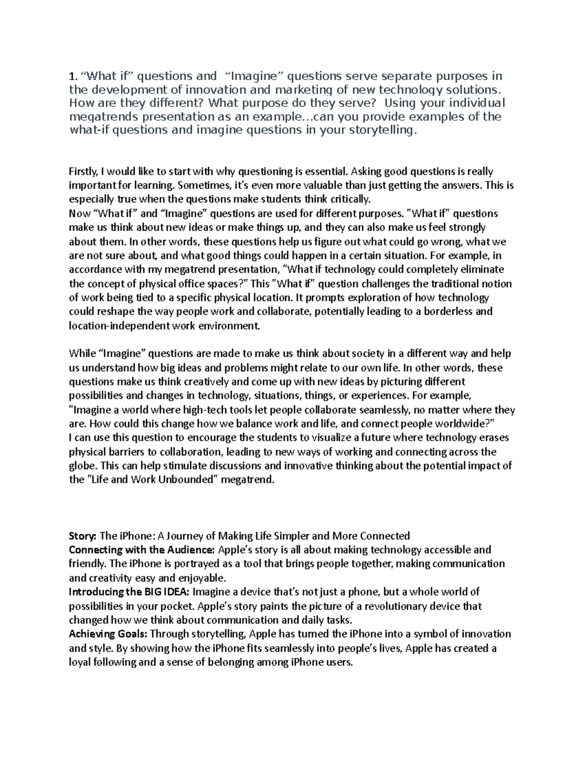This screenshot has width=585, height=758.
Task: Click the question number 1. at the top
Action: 73,76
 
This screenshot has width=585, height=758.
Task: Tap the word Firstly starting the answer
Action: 83,171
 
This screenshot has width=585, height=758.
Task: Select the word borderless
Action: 441,311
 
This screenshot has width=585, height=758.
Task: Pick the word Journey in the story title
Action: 187,536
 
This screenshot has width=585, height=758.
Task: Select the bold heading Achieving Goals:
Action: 109,634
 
